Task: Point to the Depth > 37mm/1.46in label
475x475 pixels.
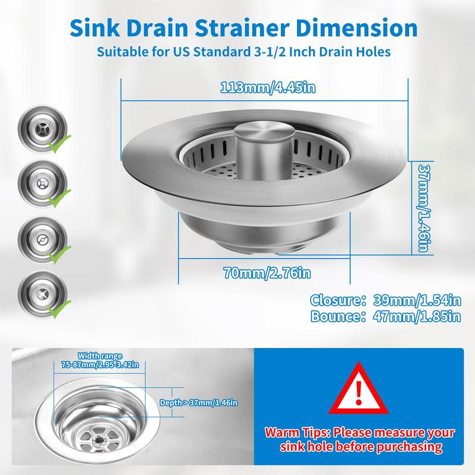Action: click(x=198, y=402)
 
